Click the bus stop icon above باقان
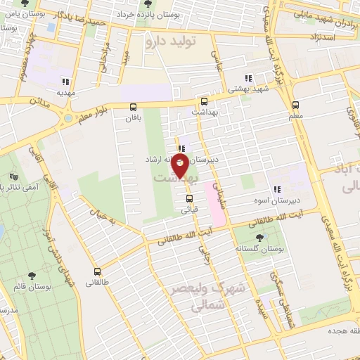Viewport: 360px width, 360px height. (x=133, y=107)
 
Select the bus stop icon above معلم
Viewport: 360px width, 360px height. (x=295, y=105)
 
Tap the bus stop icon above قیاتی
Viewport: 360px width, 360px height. (x=189, y=198)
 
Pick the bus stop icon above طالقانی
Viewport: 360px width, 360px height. (x=97, y=271)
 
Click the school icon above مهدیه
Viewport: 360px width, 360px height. (x=67, y=80)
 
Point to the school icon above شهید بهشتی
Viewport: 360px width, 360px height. (x=247, y=79)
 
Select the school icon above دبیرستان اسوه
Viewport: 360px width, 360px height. (x=276, y=188)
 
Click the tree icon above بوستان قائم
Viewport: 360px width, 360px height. (x=30, y=276)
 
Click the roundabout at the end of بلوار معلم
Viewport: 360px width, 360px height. (x=67, y=118)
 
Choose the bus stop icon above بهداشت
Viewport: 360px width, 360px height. (x=204, y=101)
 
